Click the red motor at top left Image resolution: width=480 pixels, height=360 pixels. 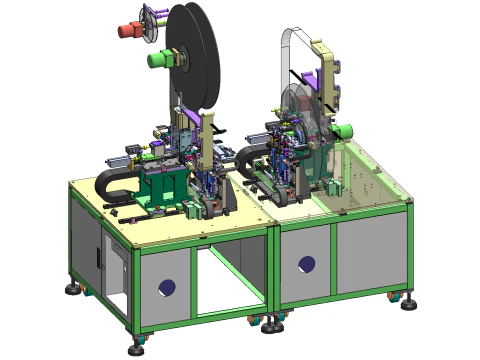(x=129, y=29)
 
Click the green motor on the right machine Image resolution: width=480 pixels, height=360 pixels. (x=343, y=130)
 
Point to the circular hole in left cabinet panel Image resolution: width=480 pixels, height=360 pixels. (x=167, y=288)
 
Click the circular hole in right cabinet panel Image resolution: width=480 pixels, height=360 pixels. (x=307, y=265)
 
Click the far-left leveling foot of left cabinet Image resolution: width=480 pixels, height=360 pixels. (x=74, y=290)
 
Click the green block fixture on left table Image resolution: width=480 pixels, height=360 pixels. (x=160, y=185)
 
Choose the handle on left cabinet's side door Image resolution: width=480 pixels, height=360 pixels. (x=99, y=255)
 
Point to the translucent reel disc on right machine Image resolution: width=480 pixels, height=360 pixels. (x=300, y=110)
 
